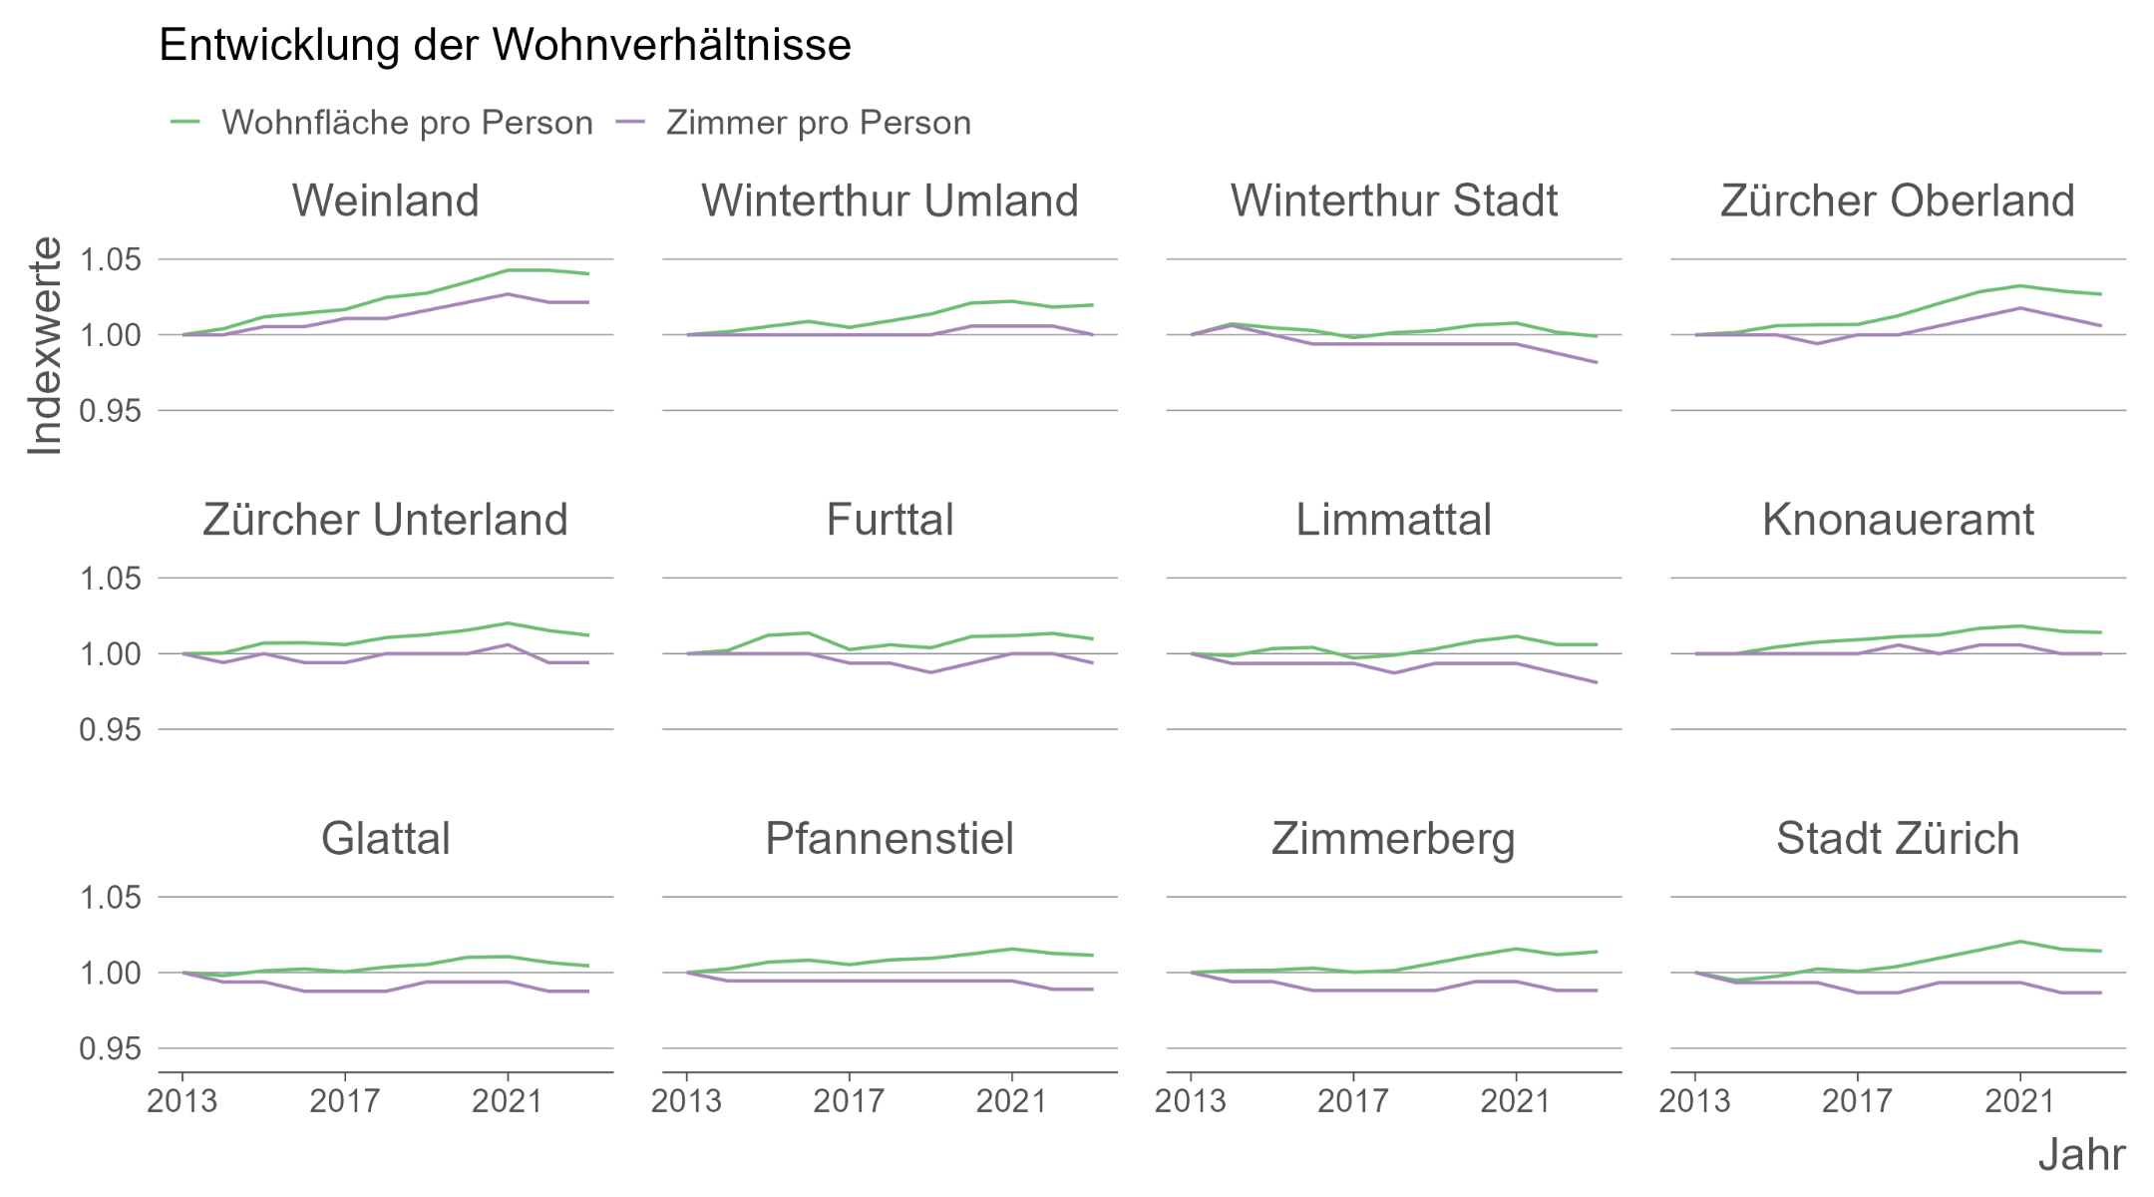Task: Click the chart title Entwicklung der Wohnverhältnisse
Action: (x=505, y=46)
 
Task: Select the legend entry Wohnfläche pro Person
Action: (x=406, y=123)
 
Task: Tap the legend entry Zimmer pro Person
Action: (x=818, y=123)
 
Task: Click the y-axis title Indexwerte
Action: (x=45, y=346)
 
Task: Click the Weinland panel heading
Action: (x=385, y=200)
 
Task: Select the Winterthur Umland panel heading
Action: (x=890, y=200)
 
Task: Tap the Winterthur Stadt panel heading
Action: (x=1393, y=200)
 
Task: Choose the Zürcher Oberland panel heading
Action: (x=1897, y=200)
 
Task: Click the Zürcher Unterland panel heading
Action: (x=385, y=520)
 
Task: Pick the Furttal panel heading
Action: (x=890, y=520)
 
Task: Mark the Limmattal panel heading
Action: (x=1393, y=520)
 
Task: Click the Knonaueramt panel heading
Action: (x=1897, y=520)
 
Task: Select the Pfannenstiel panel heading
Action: (x=890, y=839)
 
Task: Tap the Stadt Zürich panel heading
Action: (x=1897, y=839)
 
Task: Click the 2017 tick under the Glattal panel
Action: (x=344, y=1101)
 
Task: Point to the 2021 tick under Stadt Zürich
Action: (x=2019, y=1101)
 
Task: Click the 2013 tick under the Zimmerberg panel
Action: (x=1190, y=1101)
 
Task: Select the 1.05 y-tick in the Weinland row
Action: (x=110, y=260)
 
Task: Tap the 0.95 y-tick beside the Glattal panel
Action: (x=110, y=1049)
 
